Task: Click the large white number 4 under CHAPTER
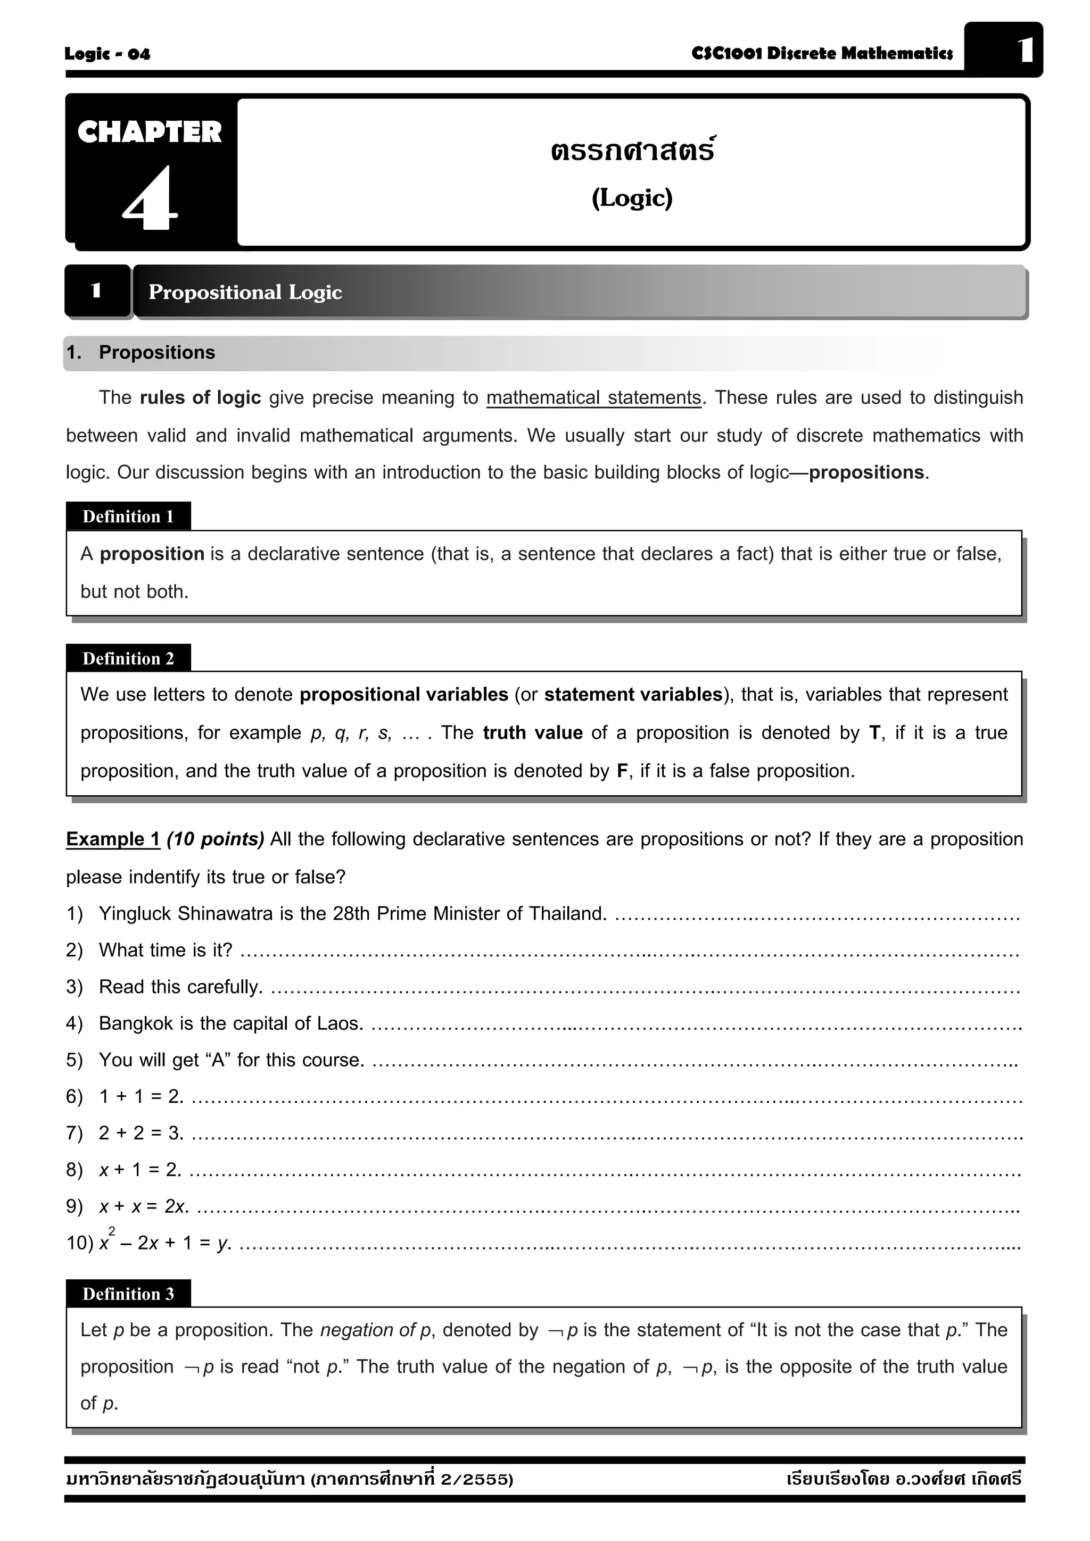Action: tap(150, 198)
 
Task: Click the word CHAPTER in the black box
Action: tap(149, 132)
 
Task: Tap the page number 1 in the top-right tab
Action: tap(1024, 51)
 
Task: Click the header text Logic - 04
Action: tap(108, 54)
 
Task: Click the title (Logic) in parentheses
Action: tap(631, 197)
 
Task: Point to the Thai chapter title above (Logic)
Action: tap(631, 149)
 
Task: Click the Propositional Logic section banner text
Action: tap(245, 292)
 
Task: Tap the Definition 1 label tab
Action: tap(128, 516)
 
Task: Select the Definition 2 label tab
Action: tap(128, 659)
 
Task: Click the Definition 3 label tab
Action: tap(128, 1293)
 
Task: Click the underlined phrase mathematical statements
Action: tap(593, 397)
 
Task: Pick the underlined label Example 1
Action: tap(113, 839)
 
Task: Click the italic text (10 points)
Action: tap(215, 839)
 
